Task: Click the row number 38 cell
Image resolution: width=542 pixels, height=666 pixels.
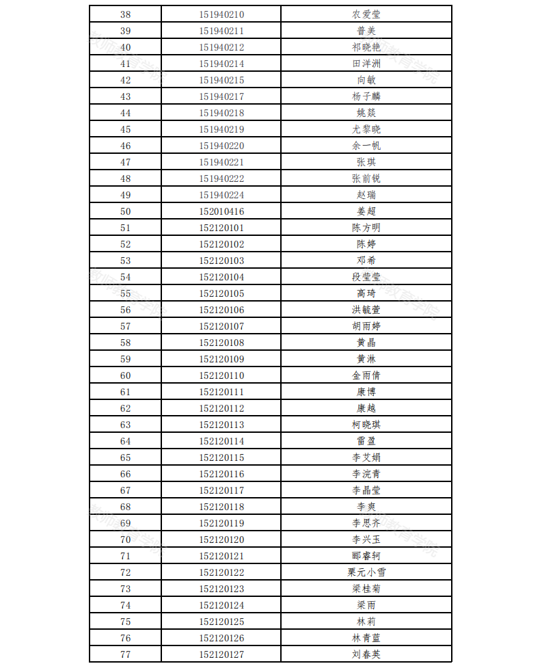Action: pyautogui.click(x=125, y=14)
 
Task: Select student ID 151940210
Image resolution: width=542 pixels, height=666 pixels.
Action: pyautogui.click(x=221, y=14)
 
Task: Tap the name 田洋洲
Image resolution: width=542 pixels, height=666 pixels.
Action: pyautogui.click(x=366, y=64)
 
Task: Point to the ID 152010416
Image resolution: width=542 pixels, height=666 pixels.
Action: pyautogui.click(x=221, y=211)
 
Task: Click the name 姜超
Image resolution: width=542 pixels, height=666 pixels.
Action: pyautogui.click(x=366, y=211)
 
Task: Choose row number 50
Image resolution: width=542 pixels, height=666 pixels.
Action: pyautogui.click(x=125, y=211)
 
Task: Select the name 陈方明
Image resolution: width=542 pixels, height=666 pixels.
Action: pyautogui.click(x=366, y=228)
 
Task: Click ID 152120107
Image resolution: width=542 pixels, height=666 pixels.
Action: pyautogui.click(x=221, y=326)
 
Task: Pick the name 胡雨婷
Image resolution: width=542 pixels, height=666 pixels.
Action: pyautogui.click(x=366, y=326)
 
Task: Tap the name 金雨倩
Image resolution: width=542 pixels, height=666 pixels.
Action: pyautogui.click(x=366, y=375)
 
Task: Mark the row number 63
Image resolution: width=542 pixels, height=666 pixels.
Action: pyautogui.click(x=125, y=425)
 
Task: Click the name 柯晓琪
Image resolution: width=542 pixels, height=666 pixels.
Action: pyautogui.click(x=366, y=425)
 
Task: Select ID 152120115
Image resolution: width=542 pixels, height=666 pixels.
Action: pyautogui.click(x=221, y=457)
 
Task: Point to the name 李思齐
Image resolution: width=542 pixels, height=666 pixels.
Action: pyautogui.click(x=366, y=523)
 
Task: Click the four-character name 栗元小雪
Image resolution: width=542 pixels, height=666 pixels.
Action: pyautogui.click(x=366, y=572)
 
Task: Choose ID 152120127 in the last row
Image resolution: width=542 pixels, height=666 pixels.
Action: pyautogui.click(x=221, y=654)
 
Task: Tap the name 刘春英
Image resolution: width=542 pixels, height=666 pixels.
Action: pyautogui.click(x=366, y=654)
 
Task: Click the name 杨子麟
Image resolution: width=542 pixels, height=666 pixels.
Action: pyautogui.click(x=366, y=96)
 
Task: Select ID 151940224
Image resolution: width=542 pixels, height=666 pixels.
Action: pyautogui.click(x=221, y=195)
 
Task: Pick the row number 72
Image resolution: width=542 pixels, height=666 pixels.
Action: pyautogui.click(x=125, y=572)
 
